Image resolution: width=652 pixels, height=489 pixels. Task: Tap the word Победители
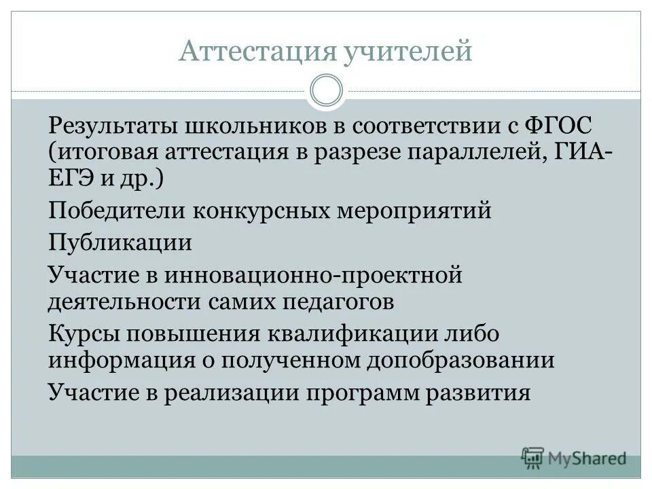116,211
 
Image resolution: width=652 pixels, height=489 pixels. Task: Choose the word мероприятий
414,211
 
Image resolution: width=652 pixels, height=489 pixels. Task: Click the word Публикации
120,242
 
